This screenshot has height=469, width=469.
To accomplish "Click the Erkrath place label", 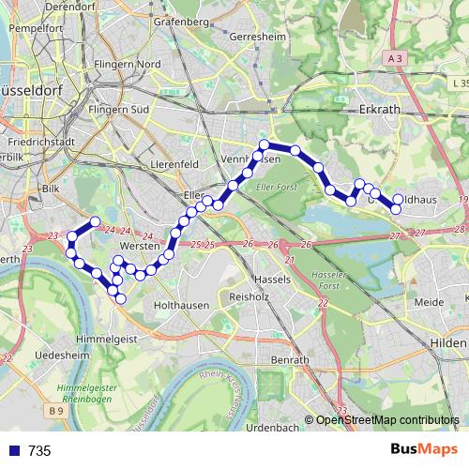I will tap(380, 109).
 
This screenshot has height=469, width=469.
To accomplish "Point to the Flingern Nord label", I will tap(124, 65).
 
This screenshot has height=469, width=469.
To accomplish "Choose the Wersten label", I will tap(138, 246).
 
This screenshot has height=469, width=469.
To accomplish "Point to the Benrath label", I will tap(290, 360).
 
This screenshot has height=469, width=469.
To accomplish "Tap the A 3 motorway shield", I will tap(397, 59).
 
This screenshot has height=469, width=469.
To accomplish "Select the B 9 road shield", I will tap(56, 411).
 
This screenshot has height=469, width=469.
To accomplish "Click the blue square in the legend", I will tap(15, 450).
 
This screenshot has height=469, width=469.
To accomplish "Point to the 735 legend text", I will tap(39, 450).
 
